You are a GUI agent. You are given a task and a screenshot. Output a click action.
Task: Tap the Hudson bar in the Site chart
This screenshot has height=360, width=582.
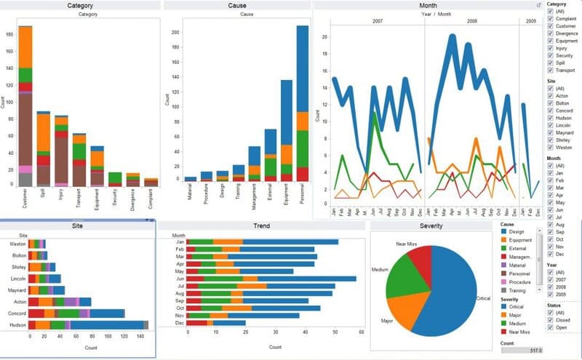coord(87,324)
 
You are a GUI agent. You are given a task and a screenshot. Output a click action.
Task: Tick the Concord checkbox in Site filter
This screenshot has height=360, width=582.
coord(550,111)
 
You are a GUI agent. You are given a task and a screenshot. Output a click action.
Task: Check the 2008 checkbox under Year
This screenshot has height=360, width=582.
coord(550,286)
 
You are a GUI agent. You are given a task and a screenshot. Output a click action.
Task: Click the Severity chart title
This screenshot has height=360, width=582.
coord(430,226)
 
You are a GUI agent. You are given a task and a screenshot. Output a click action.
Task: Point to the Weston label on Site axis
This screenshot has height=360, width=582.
coord(18,244)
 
